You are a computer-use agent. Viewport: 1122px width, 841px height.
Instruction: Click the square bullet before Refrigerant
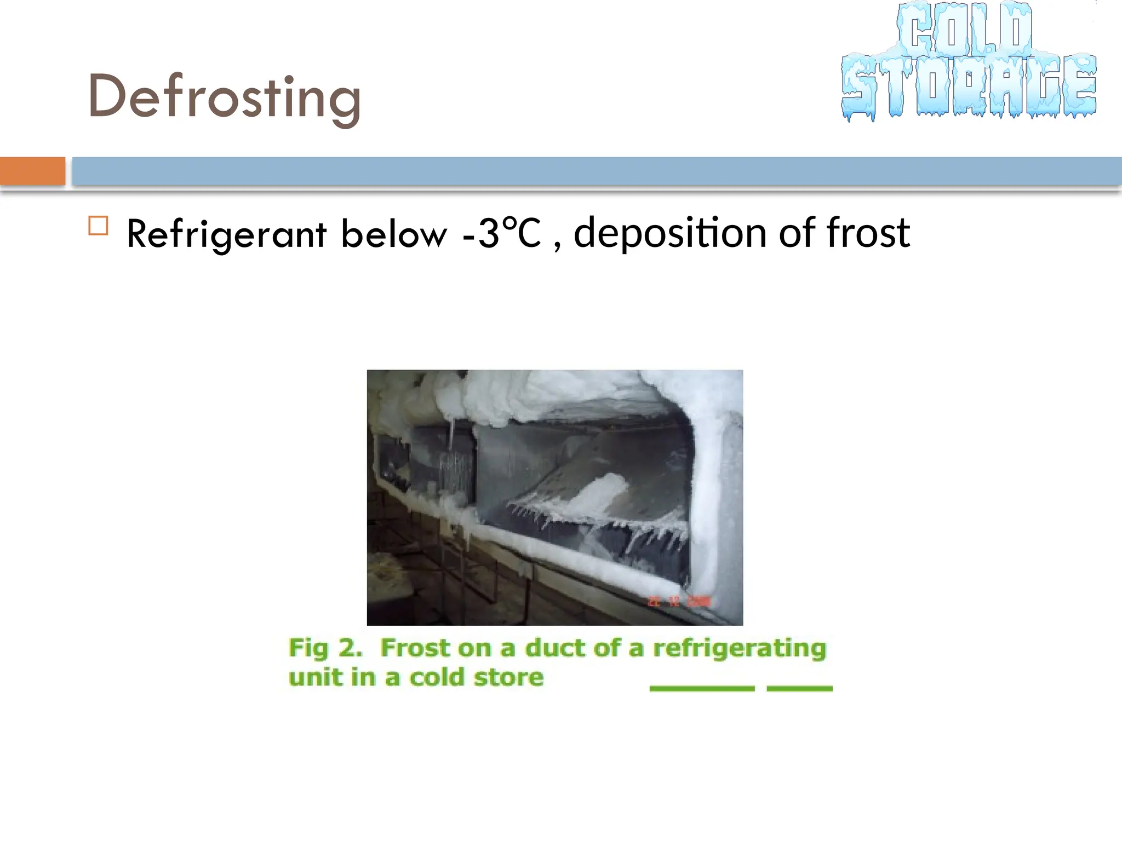tap(98, 226)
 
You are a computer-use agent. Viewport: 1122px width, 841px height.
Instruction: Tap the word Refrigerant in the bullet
tap(226, 234)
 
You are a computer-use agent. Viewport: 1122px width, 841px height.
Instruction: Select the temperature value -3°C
tap(501, 233)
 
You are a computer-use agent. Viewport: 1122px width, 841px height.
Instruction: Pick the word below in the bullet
tap(393, 234)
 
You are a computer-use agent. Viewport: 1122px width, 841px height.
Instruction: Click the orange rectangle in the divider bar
tap(32, 171)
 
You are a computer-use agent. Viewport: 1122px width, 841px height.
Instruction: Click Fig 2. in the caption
tap(325, 648)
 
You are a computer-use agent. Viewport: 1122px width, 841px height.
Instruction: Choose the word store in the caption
tap(508, 677)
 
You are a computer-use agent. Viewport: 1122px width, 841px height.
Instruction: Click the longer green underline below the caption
tap(702, 688)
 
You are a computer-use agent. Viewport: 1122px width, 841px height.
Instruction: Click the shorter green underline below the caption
tap(799, 688)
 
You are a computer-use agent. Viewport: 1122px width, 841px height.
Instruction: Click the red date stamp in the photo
tap(679, 601)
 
